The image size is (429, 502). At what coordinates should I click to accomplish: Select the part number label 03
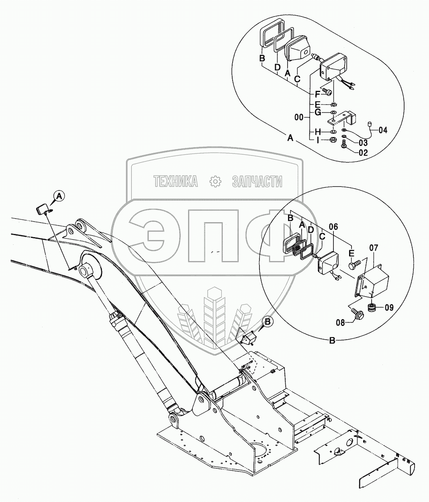(x=363, y=142)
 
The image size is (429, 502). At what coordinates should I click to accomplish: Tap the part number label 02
(x=363, y=152)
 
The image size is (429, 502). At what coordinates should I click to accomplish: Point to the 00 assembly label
(x=298, y=118)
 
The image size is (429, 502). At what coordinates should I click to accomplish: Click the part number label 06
(x=333, y=227)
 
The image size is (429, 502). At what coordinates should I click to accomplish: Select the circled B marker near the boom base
(x=268, y=321)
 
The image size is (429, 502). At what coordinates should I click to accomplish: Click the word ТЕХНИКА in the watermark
(x=176, y=182)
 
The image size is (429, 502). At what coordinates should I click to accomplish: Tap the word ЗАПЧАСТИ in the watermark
(x=257, y=182)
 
